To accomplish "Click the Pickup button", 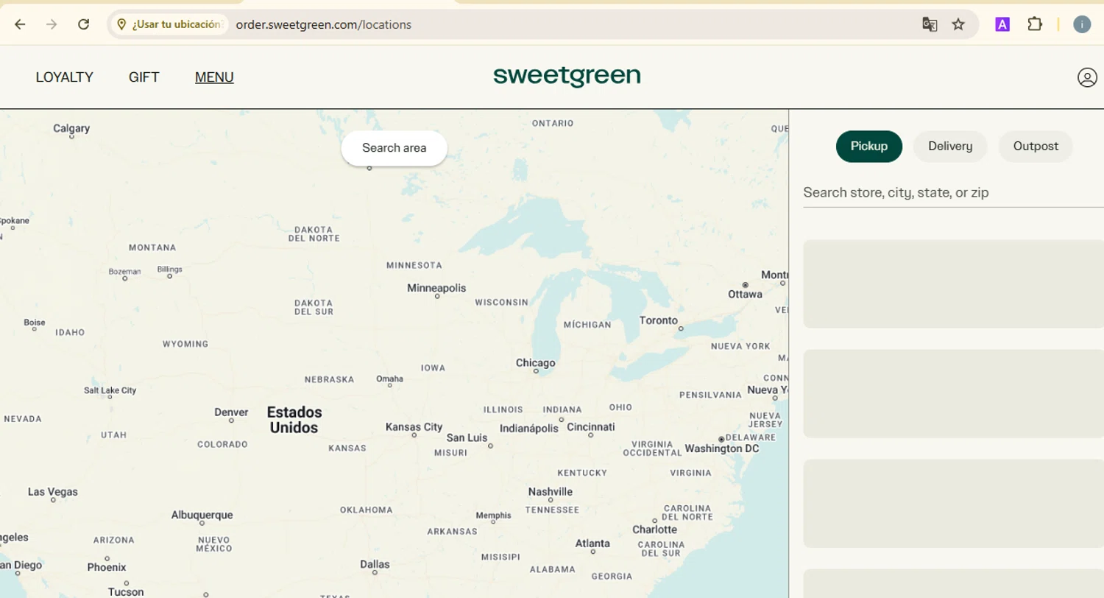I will (868, 147).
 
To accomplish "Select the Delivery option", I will (949, 147).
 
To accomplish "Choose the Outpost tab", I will (1035, 147).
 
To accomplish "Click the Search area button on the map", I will (394, 148).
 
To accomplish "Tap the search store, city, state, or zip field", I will (949, 193).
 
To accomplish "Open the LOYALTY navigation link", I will (65, 77).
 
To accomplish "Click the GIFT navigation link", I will (144, 77).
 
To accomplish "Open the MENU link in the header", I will (214, 77).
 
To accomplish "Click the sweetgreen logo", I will (567, 76).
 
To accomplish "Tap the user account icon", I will (1086, 77).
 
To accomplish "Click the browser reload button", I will (84, 24).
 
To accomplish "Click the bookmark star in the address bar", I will (958, 24).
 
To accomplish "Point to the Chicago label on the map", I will (535, 363).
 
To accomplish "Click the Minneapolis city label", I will (436, 288).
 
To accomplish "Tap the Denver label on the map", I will (231, 412).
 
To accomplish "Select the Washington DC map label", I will (721, 448).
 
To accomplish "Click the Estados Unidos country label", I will (294, 420).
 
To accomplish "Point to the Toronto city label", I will (658, 320).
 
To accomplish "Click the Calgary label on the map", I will (71, 128).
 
